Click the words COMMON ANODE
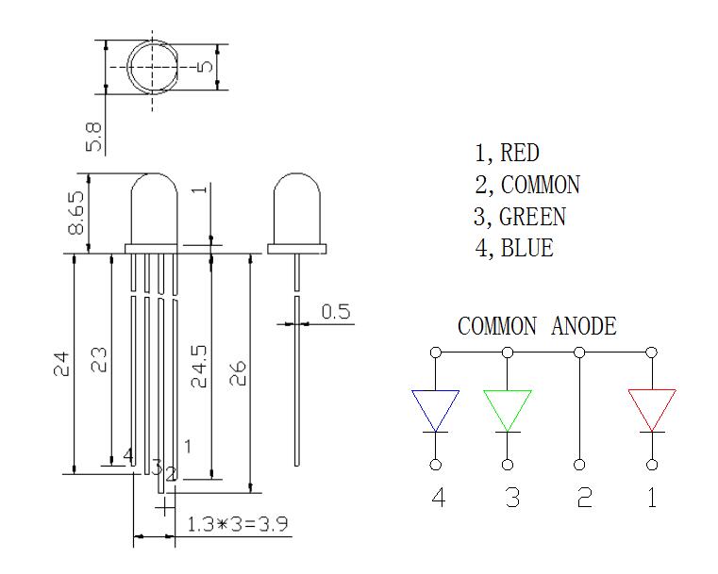point(537,327)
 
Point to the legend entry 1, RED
point(507,153)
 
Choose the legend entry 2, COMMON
point(527,185)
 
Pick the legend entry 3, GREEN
point(520,217)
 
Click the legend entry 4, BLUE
point(514,249)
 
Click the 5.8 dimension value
point(94,136)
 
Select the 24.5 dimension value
point(199,366)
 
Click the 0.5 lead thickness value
point(337,312)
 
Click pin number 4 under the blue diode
point(438,498)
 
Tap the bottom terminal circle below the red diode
point(652,465)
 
